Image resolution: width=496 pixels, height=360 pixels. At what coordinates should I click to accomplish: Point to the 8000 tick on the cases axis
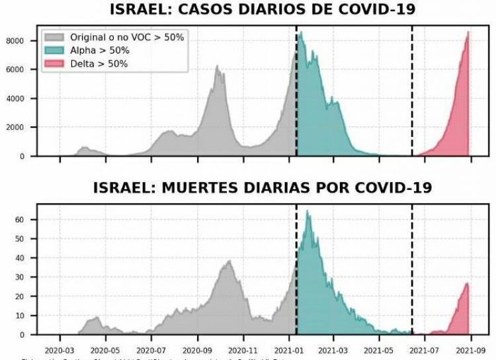click(17, 41)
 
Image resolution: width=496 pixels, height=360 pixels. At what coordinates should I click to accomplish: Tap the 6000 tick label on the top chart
click(17, 70)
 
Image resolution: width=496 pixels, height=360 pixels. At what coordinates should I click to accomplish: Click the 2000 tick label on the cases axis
click(17, 128)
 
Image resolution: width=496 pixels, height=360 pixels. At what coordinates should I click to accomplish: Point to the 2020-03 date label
click(60, 348)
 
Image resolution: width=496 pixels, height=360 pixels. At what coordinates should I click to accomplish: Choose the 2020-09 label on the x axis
click(197, 348)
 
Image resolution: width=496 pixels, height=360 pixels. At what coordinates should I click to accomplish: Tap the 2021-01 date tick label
click(288, 348)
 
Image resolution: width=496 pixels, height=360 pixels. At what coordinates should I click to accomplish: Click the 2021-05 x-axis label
click(379, 348)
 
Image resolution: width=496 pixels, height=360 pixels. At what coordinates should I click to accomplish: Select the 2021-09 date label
click(470, 348)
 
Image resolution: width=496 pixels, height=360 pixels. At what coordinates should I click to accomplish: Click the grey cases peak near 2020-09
click(217, 66)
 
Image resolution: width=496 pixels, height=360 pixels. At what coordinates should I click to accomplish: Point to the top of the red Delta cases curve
click(468, 32)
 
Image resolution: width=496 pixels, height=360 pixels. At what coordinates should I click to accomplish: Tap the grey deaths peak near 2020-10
click(229, 261)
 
